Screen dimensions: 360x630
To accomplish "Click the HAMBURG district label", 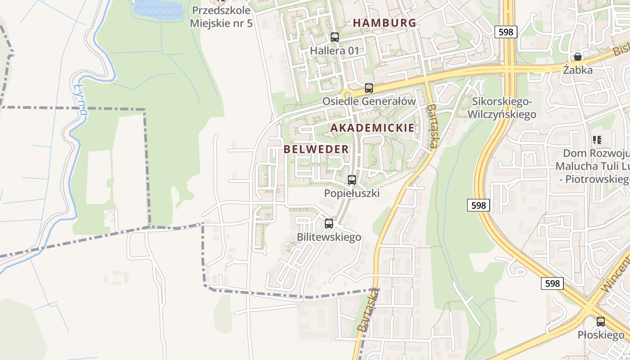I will (384, 23).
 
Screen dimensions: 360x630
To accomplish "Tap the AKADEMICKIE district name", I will (372, 128).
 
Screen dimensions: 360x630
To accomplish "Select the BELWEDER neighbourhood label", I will (316, 149).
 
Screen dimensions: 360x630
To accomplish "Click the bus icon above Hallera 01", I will (334, 37).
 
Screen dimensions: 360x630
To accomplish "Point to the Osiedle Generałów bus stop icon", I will (369, 88).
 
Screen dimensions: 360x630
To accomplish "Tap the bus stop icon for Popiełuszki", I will (352, 180).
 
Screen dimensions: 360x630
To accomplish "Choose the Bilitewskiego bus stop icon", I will (329, 224).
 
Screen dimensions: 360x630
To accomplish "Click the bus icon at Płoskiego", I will (601, 322).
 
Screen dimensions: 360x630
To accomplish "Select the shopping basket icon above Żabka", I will (578, 57).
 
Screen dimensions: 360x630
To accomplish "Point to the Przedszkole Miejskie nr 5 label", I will (221, 17).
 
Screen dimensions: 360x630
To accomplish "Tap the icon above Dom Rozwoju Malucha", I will (597, 140).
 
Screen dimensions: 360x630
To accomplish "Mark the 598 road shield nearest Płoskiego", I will (552, 283).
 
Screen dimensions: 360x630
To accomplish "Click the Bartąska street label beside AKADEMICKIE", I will (432, 126).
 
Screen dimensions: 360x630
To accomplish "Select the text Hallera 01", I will (334, 51).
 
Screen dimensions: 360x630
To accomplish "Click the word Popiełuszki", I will (352, 193).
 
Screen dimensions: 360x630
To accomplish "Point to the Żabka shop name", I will (578, 70).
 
